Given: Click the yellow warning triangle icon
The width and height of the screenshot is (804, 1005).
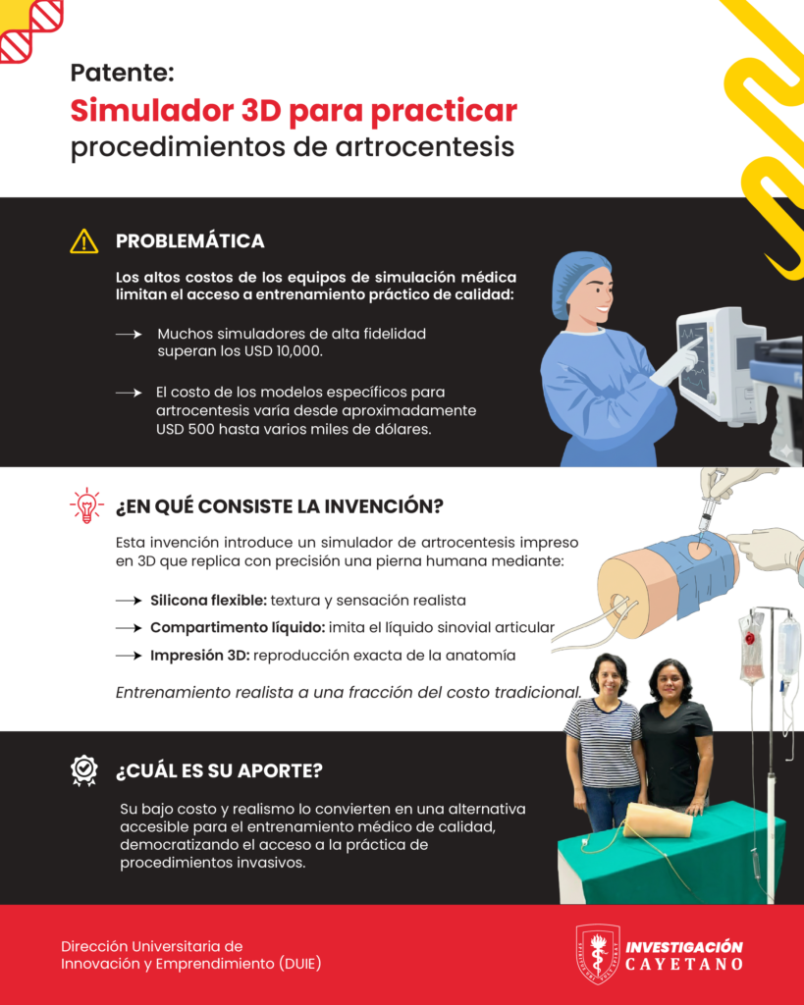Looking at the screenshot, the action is [84, 241].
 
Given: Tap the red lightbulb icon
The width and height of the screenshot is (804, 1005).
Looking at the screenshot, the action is [86, 505].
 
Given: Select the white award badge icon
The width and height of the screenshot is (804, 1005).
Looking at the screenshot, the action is [84, 769].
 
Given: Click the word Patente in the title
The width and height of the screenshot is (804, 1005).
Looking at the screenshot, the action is [122, 73].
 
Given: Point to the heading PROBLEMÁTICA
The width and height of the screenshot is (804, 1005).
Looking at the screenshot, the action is [189, 241].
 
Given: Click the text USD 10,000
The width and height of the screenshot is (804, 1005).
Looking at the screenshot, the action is [283, 351].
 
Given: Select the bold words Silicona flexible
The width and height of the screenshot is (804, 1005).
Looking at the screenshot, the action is [208, 601].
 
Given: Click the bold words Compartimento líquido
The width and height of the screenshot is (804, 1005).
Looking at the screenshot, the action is [238, 627].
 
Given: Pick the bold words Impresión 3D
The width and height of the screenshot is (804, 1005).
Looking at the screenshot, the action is [200, 655].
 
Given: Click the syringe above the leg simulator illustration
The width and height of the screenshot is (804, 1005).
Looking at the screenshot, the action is [709, 507].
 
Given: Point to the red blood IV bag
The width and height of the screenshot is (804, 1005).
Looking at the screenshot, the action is [752, 648].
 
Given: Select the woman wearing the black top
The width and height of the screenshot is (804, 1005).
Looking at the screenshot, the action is [675, 737].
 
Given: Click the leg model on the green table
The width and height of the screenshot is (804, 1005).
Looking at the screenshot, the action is [657, 820].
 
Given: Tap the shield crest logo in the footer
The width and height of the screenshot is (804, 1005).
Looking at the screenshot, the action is [598, 953].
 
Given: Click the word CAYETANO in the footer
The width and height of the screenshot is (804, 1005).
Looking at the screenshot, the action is [683, 964].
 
